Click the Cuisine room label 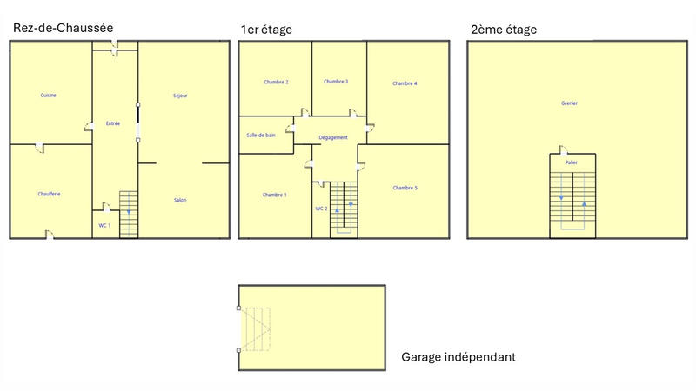49,95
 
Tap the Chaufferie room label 49,194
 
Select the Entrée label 113,123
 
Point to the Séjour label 180,96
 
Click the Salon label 180,201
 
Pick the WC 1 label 104,225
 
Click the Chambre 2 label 276,82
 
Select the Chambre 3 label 336,82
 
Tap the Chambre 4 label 405,83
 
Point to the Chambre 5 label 405,188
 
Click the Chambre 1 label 274,195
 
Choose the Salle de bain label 261,135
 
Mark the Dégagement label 333,137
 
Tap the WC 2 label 320,209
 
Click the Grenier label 570,103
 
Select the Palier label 572,162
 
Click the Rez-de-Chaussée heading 63,28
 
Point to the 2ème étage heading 504,30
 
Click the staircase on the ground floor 129,213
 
